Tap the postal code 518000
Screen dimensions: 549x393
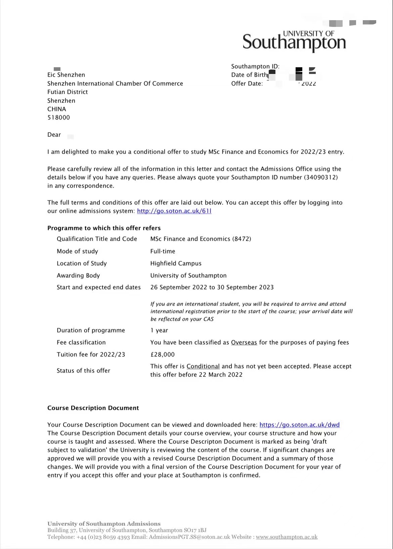[58, 118]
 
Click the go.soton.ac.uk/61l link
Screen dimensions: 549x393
[174, 211]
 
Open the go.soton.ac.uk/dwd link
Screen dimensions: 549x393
[299, 425]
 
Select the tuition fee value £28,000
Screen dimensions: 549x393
[163, 354]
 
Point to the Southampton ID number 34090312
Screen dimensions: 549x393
[321, 177]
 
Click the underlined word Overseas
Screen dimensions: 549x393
[244, 342]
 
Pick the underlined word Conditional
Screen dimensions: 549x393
[203, 366]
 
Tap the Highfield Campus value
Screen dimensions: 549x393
[176, 263]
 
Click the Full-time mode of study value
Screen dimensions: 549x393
[163, 251]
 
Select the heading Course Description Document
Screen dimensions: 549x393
[93, 408]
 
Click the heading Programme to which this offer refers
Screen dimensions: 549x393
[104, 228]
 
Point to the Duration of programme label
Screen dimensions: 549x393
[91, 330]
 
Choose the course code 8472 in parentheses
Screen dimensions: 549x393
[242, 239]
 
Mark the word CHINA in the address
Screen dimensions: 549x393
[56, 109]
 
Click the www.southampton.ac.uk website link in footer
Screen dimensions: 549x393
[287, 537]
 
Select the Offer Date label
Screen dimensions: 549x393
[247, 84]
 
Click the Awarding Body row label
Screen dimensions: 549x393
[78, 275]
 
